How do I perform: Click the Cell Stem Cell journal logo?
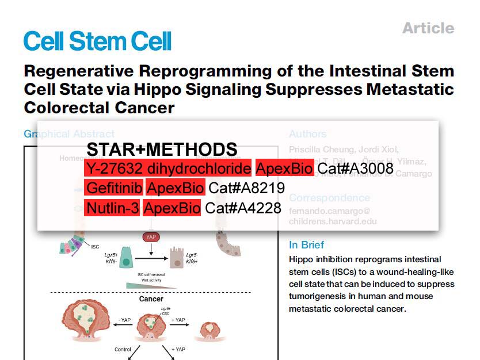[98, 41]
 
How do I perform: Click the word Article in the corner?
[428, 28]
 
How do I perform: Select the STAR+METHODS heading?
[162, 149]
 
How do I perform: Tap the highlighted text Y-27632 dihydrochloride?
[168, 168]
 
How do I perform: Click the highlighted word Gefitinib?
[113, 188]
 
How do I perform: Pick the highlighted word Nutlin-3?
[112, 208]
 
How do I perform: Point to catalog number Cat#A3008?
[356, 168]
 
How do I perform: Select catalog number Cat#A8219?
[247, 188]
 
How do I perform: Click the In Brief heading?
[306, 245]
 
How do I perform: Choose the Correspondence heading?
[329, 198]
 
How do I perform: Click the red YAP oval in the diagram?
[150, 237]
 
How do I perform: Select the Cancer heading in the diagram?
[151, 299]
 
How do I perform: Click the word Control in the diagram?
[123, 349]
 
